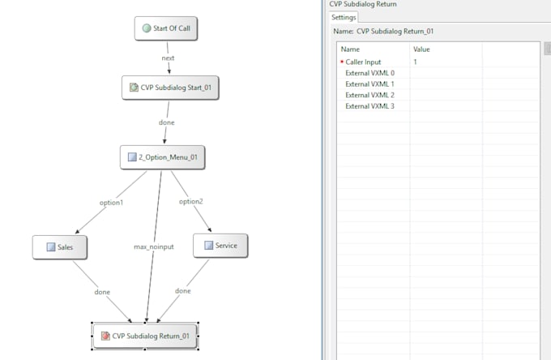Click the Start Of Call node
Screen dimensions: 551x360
166,28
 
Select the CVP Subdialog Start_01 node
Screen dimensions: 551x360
170,88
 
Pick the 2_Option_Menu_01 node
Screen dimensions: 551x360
162,157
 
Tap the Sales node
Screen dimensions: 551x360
60,247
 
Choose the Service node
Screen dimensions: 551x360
220,246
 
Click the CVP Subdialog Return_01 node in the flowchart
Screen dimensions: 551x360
145,336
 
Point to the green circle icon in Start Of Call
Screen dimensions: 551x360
147,28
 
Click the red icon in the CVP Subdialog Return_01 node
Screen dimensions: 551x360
105,336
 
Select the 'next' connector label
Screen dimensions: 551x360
168,58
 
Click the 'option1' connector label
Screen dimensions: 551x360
111,203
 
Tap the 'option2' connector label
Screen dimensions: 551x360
191,201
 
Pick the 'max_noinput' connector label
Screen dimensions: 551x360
154,246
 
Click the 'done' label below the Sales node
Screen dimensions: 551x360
102,292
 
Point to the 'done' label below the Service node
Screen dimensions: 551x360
183,291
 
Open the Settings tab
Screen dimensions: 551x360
344,17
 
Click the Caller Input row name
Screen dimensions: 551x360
363,62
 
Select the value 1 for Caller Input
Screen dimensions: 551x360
415,62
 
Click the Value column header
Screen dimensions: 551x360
421,49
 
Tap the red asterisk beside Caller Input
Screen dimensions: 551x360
342,62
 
